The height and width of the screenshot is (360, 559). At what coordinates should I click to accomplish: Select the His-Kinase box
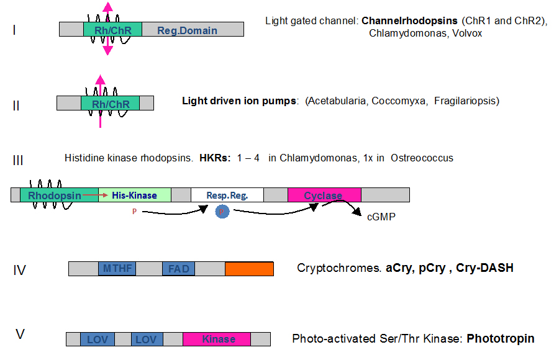tap(135, 195)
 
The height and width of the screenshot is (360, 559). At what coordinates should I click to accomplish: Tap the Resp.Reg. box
tap(227, 195)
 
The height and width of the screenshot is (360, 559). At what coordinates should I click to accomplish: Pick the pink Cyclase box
tap(324, 195)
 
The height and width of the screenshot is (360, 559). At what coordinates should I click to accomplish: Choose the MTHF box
tap(117, 269)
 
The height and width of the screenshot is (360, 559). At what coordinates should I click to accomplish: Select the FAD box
tap(179, 269)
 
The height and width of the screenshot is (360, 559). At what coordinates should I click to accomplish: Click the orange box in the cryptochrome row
tap(249, 269)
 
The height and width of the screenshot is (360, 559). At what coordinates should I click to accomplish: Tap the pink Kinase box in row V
tap(217, 339)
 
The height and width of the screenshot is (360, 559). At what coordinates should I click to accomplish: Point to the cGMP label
tap(381, 218)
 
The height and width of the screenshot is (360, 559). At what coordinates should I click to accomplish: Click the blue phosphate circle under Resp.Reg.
tap(222, 212)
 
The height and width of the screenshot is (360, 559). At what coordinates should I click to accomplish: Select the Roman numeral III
tap(18, 160)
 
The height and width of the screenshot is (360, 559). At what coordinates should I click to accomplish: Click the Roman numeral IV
tap(20, 270)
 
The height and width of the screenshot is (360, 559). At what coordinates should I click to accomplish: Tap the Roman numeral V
tap(20, 335)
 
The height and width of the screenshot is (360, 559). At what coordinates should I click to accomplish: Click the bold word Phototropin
tap(500, 339)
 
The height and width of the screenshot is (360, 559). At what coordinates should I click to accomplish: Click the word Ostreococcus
tap(422, 158)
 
